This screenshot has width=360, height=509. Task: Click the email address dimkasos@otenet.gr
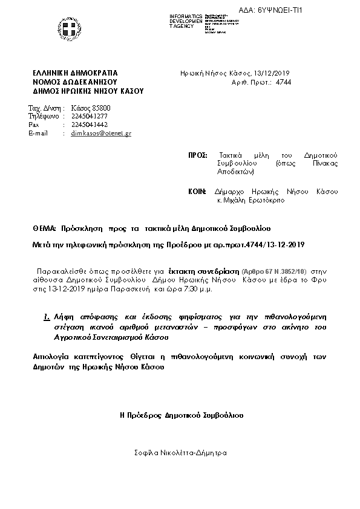coord(101,133)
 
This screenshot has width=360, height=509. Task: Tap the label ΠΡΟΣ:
coord(198,155)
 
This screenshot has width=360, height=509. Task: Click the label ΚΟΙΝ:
coord(198,192)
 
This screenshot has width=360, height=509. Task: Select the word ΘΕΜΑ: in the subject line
coord(45,229)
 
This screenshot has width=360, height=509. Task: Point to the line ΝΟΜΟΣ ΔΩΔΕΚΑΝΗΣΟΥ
coord(75,81)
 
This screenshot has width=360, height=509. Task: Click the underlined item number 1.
coord(47,316)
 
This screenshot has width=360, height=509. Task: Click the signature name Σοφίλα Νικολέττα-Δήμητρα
coord(182,452)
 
